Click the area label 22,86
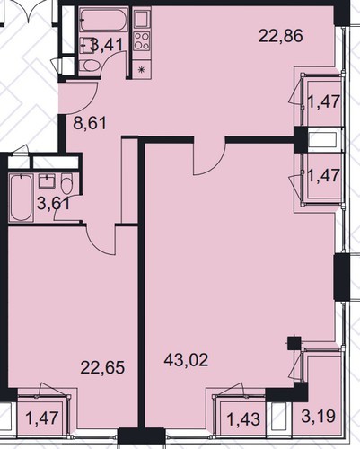coord(280,36)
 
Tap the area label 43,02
coord(186,360)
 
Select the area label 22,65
coord(102,367)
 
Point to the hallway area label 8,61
coord(90,123)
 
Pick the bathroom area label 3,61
coord(54,204)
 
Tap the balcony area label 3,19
coord(318,417)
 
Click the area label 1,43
coord(243,419)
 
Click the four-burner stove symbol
coord(142,41)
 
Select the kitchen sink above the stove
coord(142,19)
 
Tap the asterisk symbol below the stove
coord(141,70)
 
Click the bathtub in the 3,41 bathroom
coord(103,21)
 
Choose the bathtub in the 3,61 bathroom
coord(22,198)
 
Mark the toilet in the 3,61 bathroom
coord(66,184)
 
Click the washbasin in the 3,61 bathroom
coord(47,181)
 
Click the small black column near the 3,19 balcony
coord(294,343)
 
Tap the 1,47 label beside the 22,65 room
coord(42,418)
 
